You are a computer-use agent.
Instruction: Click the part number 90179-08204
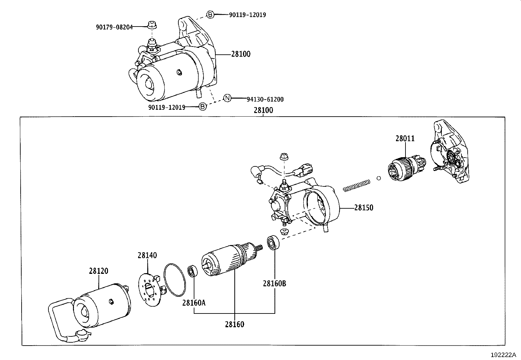[114, 27]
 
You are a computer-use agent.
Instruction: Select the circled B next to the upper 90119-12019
[210, 14]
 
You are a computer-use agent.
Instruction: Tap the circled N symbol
[227, 98]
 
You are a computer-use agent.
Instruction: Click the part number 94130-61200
[265, 99]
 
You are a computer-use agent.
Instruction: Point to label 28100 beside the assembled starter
[241, 54]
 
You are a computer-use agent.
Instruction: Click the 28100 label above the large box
[263, 110]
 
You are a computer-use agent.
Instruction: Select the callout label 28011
[405, 139]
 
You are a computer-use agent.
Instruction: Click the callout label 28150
[363, 208]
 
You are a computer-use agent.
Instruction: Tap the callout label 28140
[147, 255]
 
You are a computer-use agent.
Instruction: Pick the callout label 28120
[98, 271]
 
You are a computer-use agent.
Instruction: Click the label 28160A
[194, 303]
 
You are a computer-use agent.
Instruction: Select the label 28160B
[274, 283]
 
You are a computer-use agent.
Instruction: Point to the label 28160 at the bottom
[234, 325]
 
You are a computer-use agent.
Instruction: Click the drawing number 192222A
[503, 355]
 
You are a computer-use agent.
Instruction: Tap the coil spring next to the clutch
[356, 185]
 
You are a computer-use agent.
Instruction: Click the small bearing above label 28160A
[192, 272]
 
